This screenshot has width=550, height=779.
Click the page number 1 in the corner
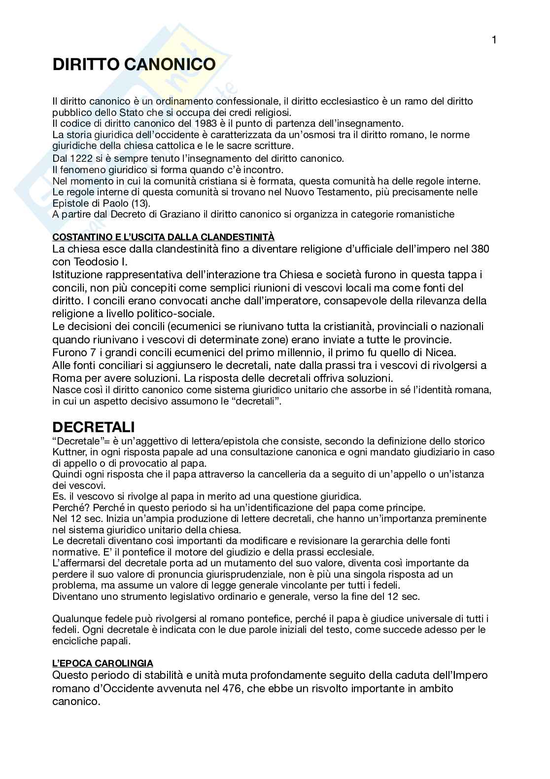494,40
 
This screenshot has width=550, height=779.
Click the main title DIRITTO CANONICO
134,65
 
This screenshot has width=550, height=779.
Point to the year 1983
206,123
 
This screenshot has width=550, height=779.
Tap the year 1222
79,158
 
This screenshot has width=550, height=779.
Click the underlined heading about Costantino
163,237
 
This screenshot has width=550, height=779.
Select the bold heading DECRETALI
94,427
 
